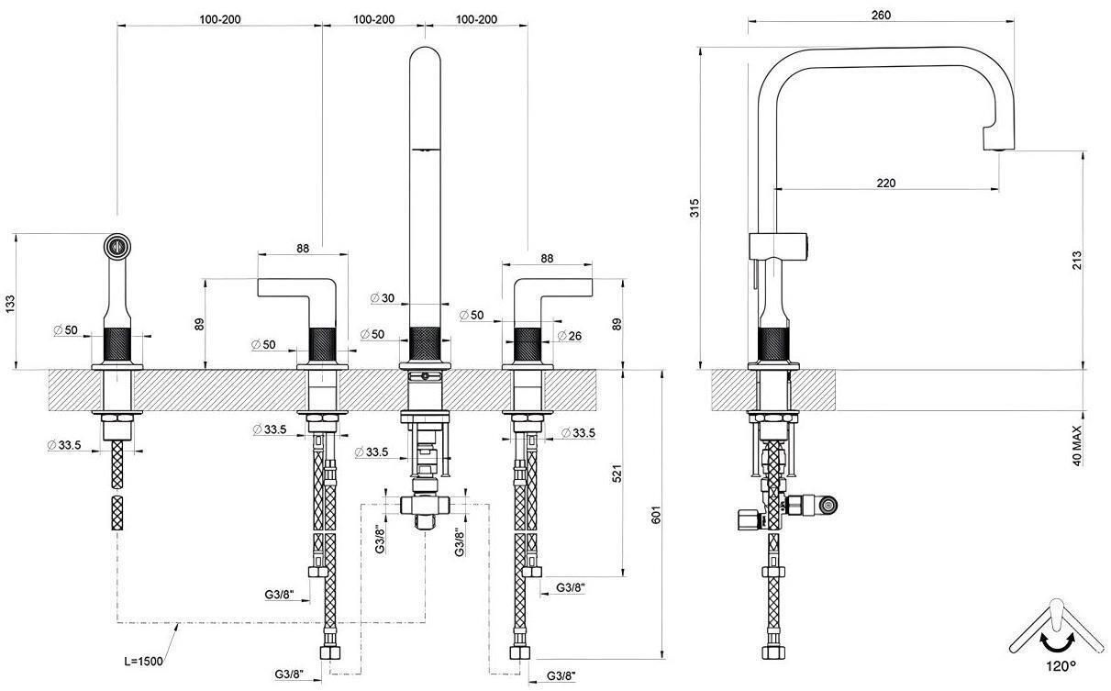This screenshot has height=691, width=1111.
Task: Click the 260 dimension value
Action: click(x=881, y=15)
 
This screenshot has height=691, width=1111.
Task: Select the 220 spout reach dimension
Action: click(x=885, y=183)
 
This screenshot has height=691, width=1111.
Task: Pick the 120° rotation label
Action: click(x=1059, y=663)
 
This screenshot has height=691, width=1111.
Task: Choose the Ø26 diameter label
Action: click(x=569, y=336)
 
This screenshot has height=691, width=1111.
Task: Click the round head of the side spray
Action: click(x=117, y=245)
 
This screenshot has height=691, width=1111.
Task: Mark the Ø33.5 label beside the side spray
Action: click(x=64, y=445)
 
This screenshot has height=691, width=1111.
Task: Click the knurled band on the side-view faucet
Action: click(x=773, y=344)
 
